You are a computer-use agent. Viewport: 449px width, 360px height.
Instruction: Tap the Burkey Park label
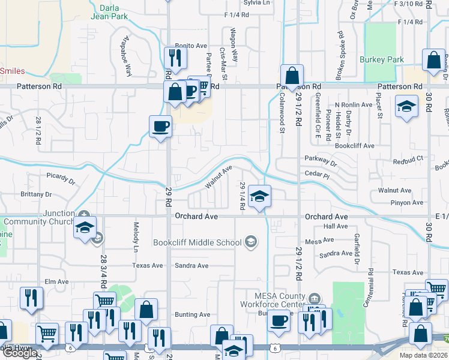tap(381, 60)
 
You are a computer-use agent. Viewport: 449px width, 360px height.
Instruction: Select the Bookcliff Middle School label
tap(197, 242)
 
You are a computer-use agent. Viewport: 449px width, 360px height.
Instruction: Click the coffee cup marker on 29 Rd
tap(160, 127)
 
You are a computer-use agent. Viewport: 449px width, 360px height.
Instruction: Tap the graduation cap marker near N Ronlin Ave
tap(406, 107)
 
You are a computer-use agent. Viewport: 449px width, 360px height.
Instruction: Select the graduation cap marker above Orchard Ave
tap(259, 196)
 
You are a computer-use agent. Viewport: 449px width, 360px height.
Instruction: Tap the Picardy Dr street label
tap(61, 179)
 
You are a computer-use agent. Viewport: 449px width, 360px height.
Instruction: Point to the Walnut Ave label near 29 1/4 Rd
tap(218, 178)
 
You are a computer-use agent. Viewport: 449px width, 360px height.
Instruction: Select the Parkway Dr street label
tap(321, 161)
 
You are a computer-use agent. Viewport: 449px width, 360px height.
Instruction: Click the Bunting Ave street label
tap(192, 314)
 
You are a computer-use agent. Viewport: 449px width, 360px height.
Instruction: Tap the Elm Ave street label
tap(58, 281)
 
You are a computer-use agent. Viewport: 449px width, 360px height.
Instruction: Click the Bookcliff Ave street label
tap(354, 146)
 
